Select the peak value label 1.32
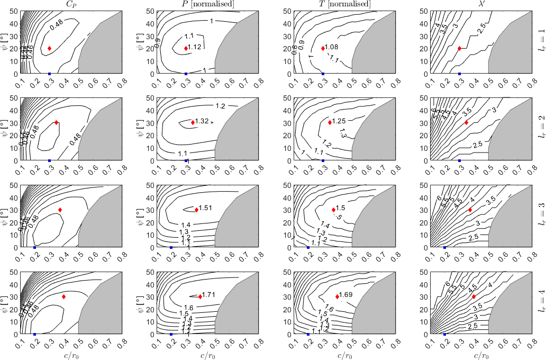pyautogui.click(x=203, y=121)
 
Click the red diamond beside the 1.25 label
pyautogui.click(x=330, y=122)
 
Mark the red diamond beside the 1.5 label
pyautogui.click(x=334, y=210)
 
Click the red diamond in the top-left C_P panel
pyautogui.click(x=50, y=48)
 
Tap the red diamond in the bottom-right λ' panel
pyautogui.click(x=474, y=296)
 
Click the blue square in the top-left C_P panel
pyautogui.click(x=50, y=74)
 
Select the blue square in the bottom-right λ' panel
pyautogui.click(x=445, y=335)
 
